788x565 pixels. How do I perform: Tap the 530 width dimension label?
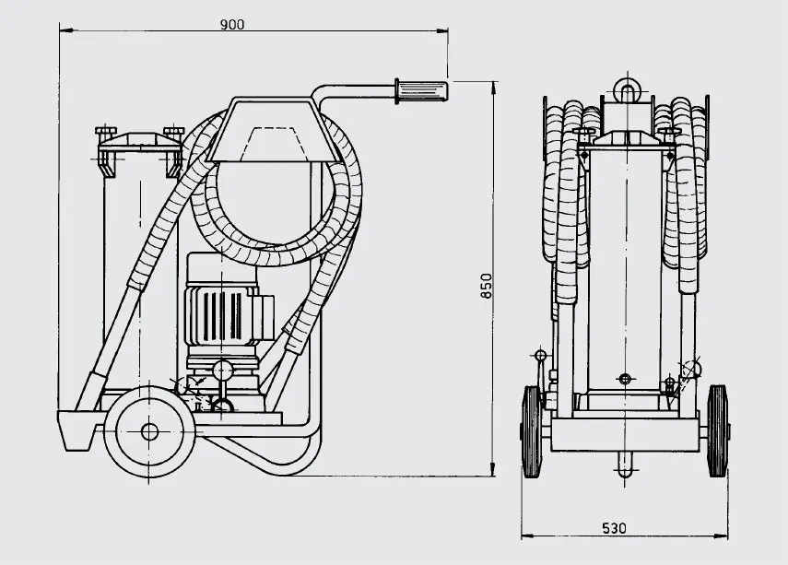(x=614, y=528)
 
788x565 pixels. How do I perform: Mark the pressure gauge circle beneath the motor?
(x=222, y=371)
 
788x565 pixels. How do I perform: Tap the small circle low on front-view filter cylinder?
(x=625, y=379)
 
